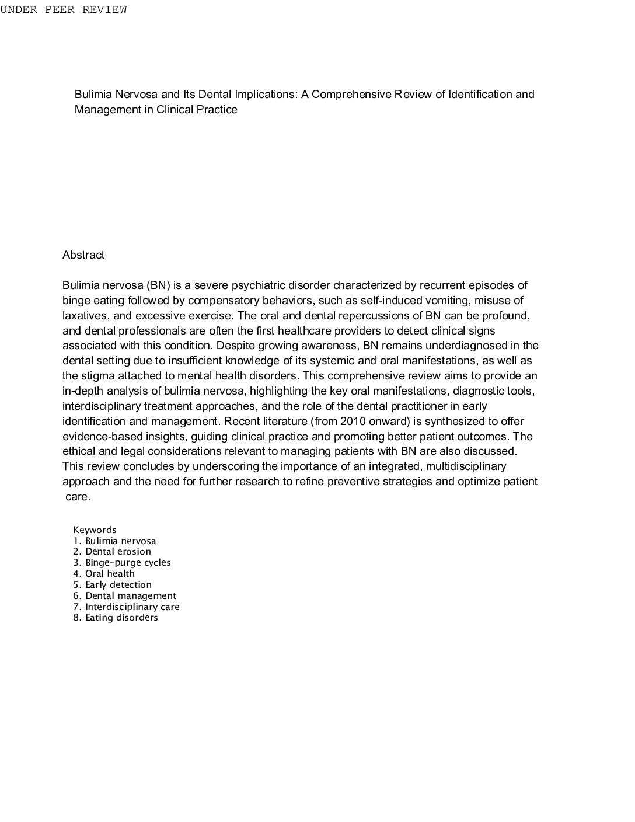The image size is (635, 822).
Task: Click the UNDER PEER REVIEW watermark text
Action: point(63,10)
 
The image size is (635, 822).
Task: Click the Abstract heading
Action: point(83,255)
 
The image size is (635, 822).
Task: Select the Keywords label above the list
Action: point(95,530)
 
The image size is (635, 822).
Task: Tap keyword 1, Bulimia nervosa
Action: point(120,541)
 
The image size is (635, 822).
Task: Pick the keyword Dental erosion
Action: point(118,552)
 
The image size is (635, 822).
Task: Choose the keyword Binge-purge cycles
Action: point(128,563)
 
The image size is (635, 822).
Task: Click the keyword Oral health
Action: point(110,574)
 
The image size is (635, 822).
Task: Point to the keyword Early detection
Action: point(118,585)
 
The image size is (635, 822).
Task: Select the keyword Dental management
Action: point(130,596)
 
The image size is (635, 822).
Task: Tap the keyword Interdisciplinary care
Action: point(132,607)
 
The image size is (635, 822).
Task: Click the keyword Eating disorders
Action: point(121,618)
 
